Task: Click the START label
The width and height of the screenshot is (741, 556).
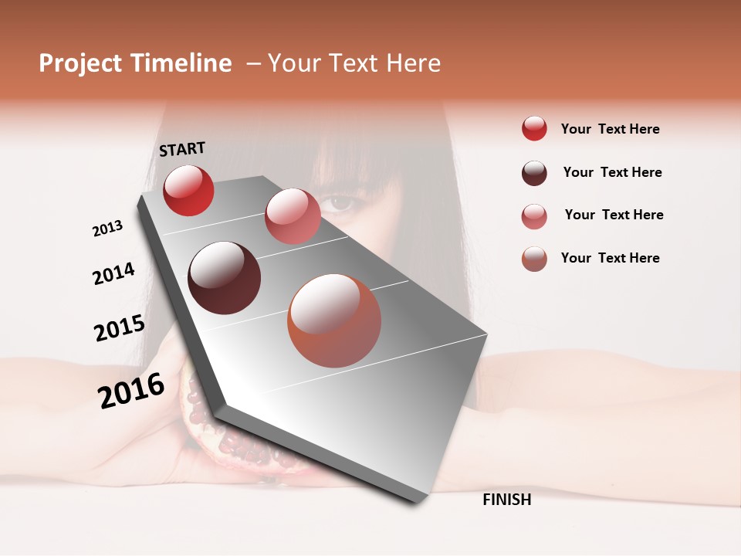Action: coord(182,149)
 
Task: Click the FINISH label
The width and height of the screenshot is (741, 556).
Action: coord(507,500)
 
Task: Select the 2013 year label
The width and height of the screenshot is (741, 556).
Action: coord(107,229)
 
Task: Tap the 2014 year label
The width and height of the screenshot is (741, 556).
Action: coord(113,273)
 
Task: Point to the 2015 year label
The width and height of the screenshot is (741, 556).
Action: coord(120,328)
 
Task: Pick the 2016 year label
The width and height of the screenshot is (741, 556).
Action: coord(131,391)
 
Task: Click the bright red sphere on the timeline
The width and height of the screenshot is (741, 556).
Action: coord(188,190)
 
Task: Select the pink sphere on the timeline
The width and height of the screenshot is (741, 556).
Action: coord(293,216)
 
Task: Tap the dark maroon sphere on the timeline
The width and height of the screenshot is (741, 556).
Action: coord(224,278)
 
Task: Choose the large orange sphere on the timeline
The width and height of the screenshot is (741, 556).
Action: coord(334,320)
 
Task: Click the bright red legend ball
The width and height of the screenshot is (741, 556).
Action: coord(534,129)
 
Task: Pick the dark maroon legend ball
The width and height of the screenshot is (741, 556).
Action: coord(534,173)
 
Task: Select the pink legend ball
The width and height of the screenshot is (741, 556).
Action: coord(534,216)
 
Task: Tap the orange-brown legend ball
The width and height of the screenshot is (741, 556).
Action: coord(534,259)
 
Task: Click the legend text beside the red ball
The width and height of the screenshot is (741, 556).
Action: coord(610,129)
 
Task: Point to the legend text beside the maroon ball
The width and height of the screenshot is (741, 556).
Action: coord(612,172)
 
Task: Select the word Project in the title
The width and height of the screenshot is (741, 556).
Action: coord(79,63)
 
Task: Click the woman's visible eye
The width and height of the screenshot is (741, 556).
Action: coord(340,203)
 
